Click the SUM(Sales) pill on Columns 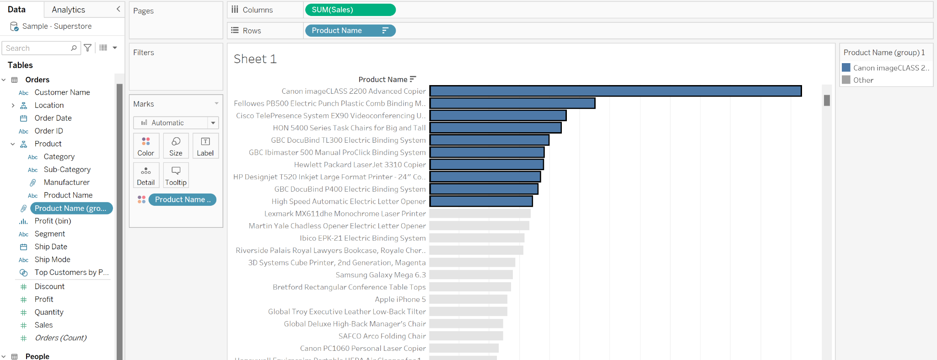[x=350, y=10]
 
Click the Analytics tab [x=69, y=10]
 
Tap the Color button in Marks [x=146, y=146]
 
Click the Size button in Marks [x=176, y=146]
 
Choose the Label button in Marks [x=205, y=146]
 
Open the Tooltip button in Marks [x=176, y=176]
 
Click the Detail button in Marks [x=146, y=176]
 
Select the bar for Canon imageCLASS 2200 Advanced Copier [x=615, y=91]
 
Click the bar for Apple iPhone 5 [x=468, y=299]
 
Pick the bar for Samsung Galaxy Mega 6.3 [x=471, y=275]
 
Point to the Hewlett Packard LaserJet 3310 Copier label [x=360, y=165]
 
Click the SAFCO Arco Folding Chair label [x=382, y=336]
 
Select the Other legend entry [x=863, y=80]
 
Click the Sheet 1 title [x=255, y=59]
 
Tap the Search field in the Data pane [x=37, y=48]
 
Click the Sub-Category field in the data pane [x=67, y=170]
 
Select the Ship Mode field [x=53, y=259]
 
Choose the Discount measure [x=49, y=286]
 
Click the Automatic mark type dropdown [x=176, y=123]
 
